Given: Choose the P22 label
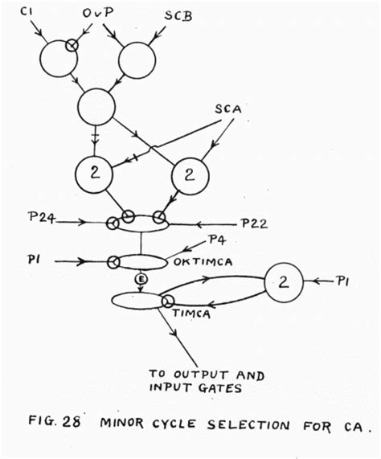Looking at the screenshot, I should tap(254, 221).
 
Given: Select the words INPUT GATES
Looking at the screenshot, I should tap(187, 390).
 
